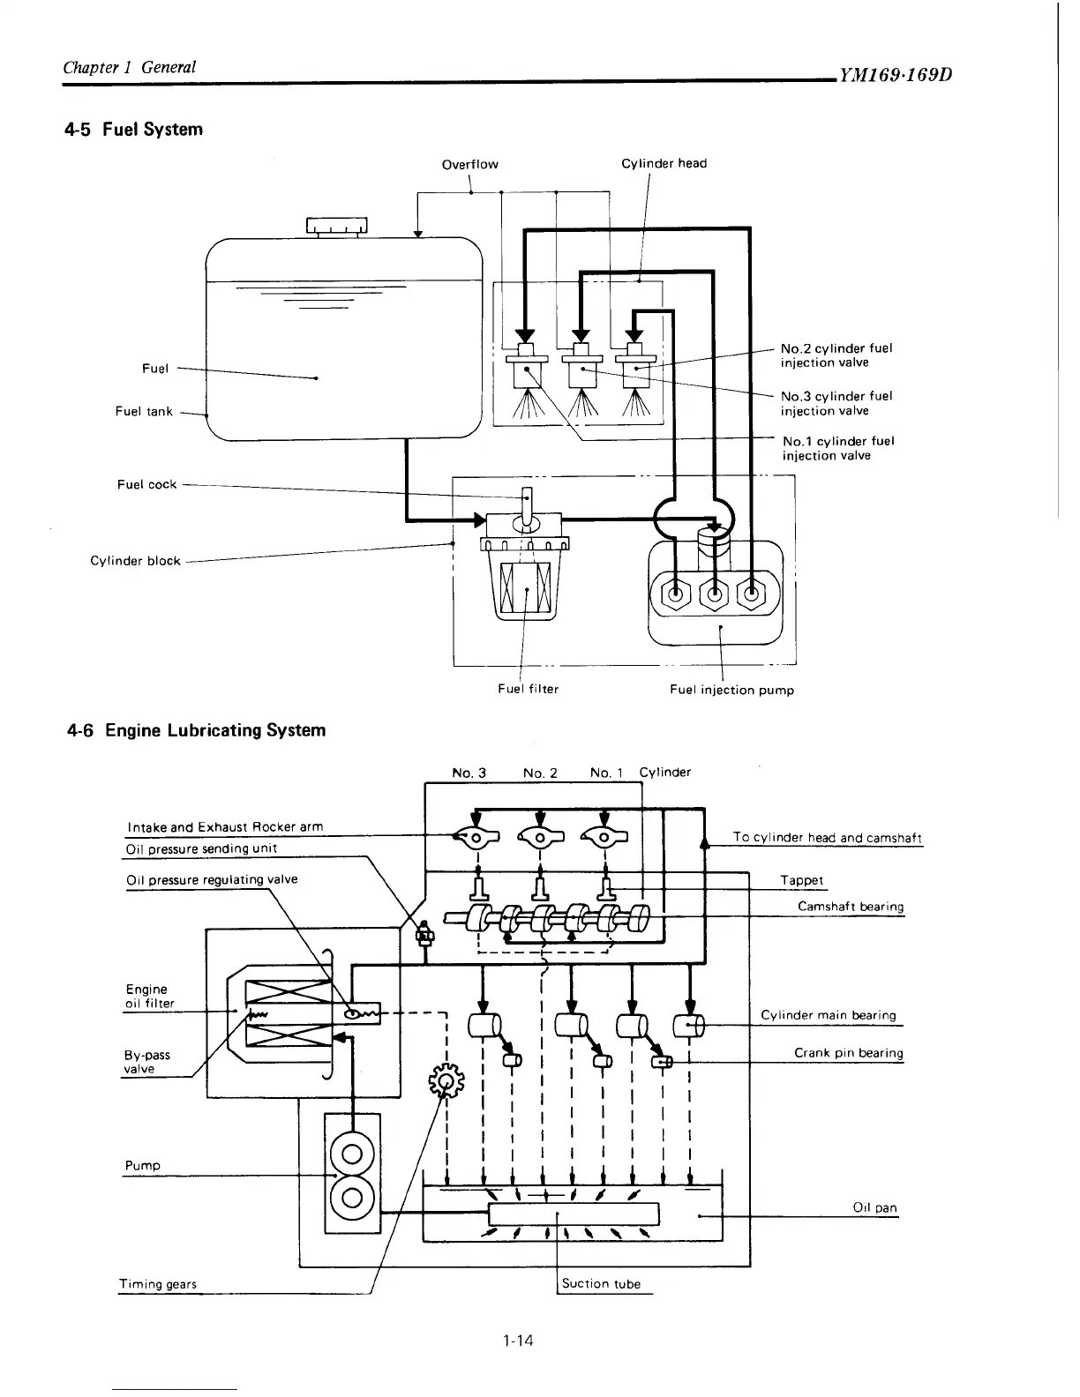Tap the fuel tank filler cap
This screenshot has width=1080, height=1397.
(336, 227)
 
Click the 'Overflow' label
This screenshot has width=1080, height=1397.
(469, 164)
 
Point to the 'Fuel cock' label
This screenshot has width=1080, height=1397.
(146, 484)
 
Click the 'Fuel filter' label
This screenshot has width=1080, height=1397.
(528, 689)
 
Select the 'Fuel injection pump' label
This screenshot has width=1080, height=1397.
(731, 690)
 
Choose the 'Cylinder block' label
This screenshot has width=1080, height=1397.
(135, 561)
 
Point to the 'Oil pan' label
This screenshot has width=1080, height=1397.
(874, 1208)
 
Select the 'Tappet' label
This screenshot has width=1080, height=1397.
(801, 880)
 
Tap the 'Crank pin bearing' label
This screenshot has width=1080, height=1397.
(848, 1053)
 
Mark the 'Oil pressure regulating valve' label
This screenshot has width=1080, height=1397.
(212, 879)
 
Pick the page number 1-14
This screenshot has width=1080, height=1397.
(517, 1341)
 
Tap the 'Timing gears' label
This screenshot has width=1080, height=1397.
(157, 1284)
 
